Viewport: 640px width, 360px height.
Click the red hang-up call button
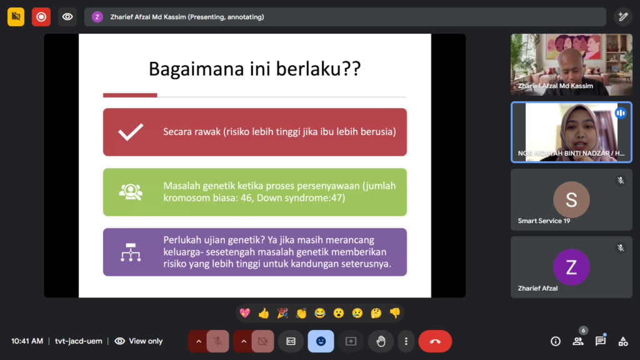pos(435,341)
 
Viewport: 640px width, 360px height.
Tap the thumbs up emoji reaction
pos(264,313)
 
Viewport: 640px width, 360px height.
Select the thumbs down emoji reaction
pos(395,313)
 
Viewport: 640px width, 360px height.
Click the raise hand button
pos(381,341)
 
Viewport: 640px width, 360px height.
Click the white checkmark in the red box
pos(131,132)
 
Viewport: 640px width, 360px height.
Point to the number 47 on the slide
pos(339,198)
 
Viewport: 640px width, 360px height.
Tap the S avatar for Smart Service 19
pos(571,199)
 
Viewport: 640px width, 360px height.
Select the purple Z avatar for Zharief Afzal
pos(571,267)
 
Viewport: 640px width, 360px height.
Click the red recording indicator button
pos(41,17)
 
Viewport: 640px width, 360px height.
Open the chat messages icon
pos(601,341)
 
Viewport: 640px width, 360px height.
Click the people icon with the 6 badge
pos(578,341)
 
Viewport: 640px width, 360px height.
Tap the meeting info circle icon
pos(556,341)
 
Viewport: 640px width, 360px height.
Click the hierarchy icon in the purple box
pos(131,252)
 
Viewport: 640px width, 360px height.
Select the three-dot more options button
pos(406,341)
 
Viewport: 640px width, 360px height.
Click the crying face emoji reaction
pos(357,313)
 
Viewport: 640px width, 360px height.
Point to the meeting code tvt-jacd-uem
pos(78,341)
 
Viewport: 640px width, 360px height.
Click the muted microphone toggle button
pos(218,341)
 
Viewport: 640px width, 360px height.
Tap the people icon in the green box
pos(131,192)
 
